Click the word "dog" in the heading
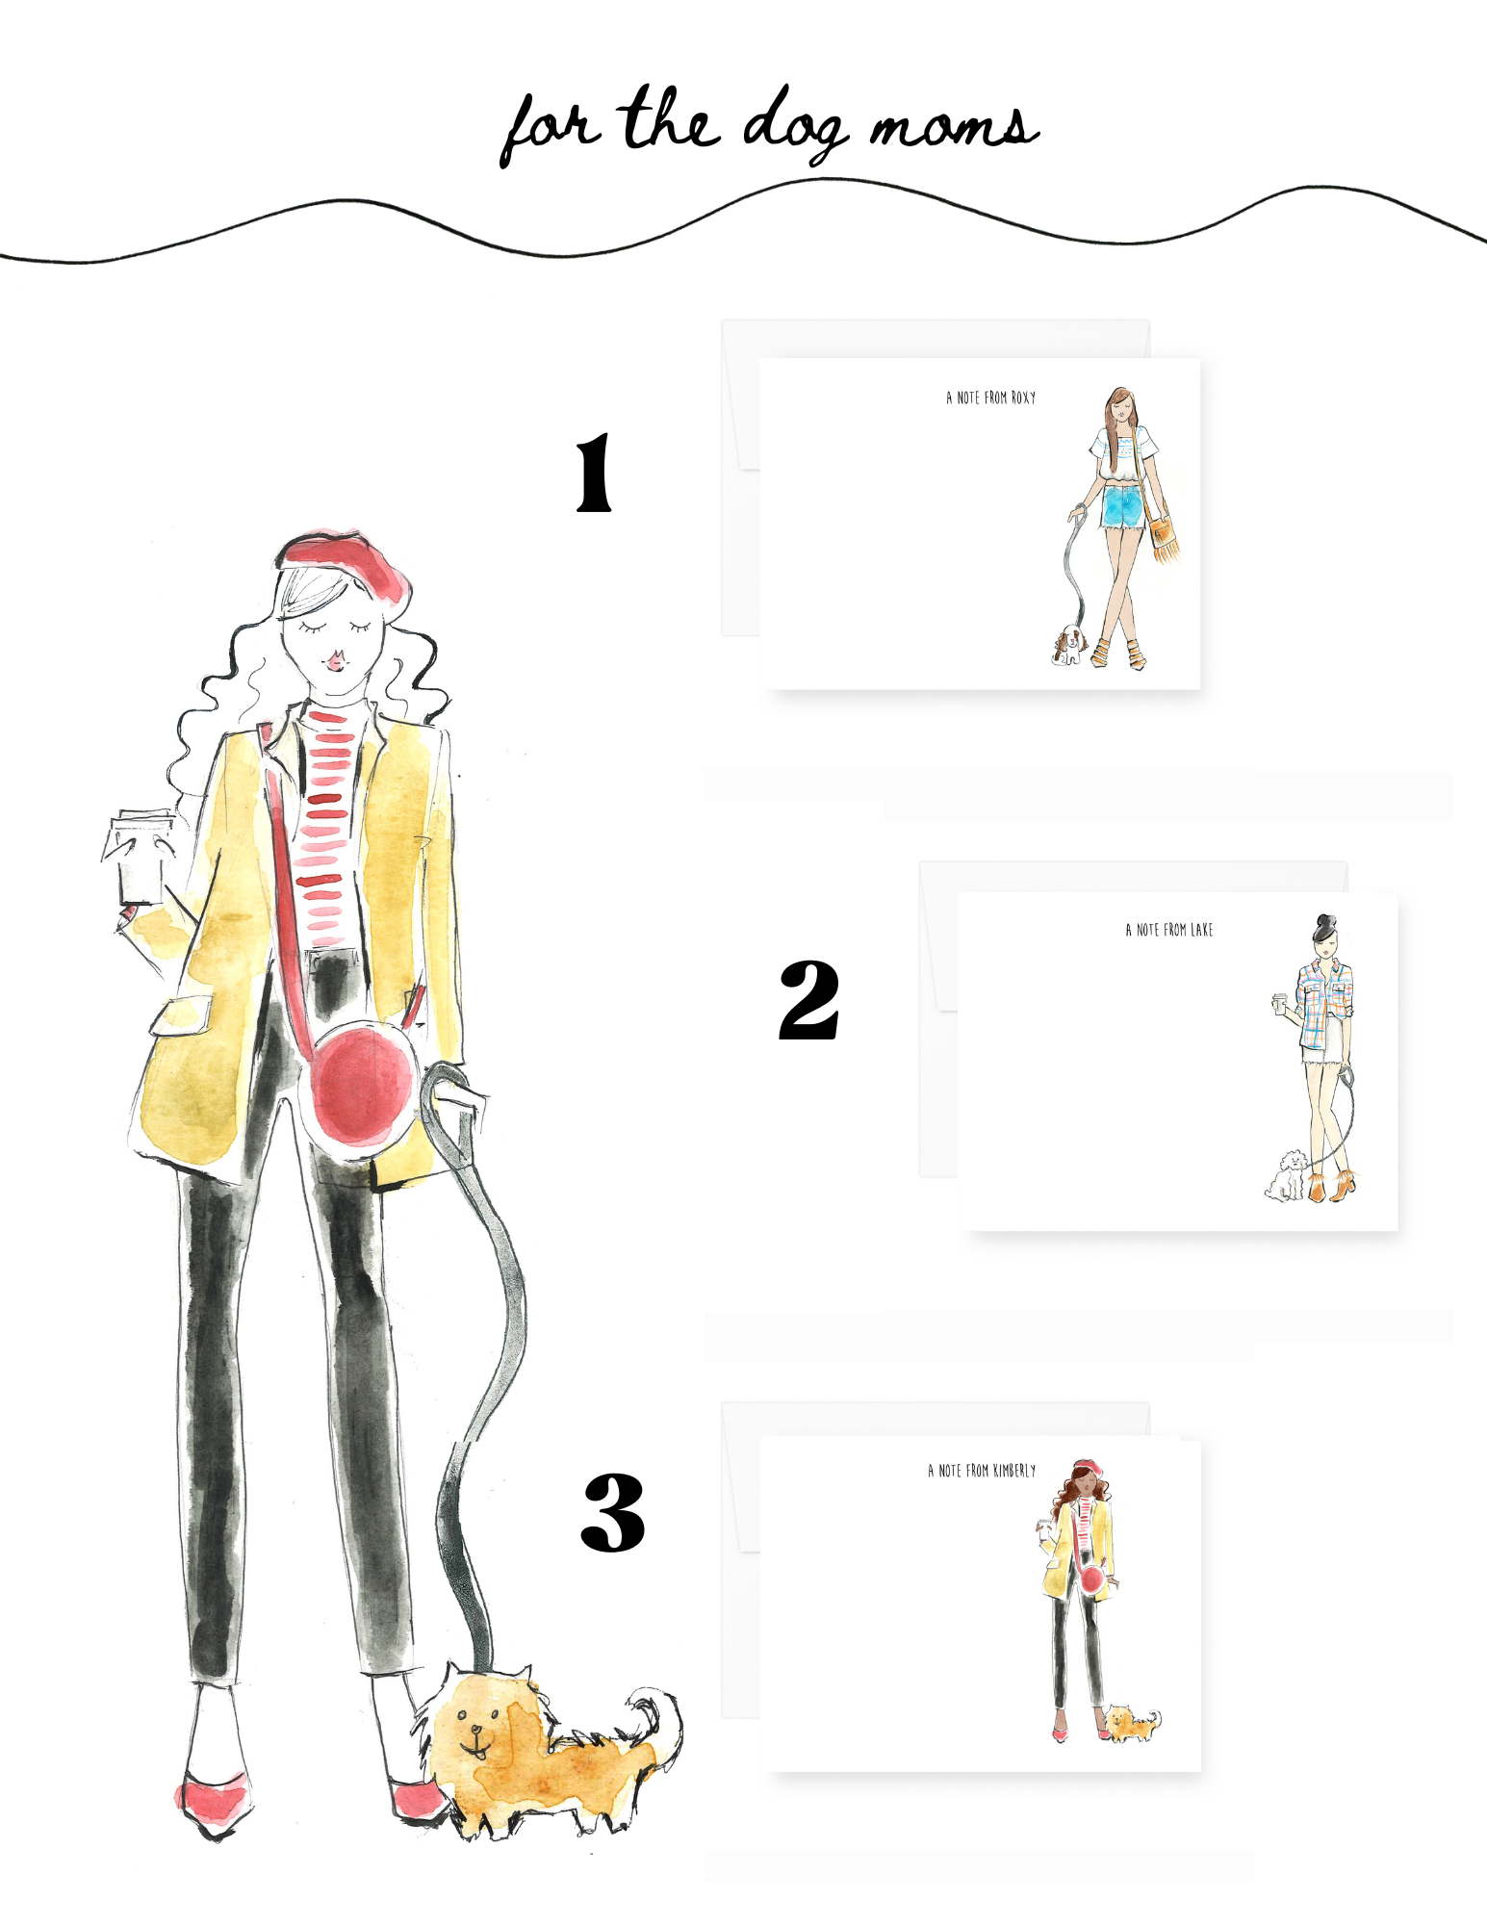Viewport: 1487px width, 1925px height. [x=794, y=125]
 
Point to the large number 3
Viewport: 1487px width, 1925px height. [x=613, y=1512]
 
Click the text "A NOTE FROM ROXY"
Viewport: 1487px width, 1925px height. [x=991, y=398]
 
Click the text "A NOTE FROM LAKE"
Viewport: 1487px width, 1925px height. [x=1169, y=930]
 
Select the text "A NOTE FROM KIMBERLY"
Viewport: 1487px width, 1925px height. [x=982, y=1471]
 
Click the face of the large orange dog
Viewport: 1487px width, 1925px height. [x=476, y=1728]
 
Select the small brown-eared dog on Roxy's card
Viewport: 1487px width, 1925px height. [x=1069, y=645]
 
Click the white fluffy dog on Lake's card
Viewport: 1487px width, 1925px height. [x=1285, y=1175]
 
